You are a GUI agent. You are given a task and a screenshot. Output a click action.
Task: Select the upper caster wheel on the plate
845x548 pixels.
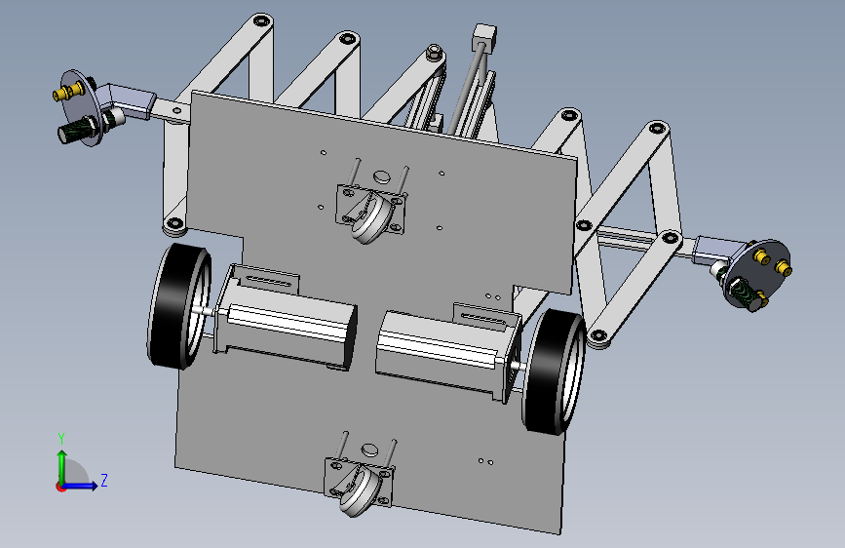(x=372, y=219)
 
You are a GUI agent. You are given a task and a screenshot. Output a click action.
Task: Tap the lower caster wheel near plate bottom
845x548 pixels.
(x=360, y=490)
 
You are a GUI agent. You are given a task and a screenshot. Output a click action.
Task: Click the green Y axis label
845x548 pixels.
(x=61, y=439)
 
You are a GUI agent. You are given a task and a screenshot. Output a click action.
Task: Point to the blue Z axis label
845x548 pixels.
(x=104, y=480)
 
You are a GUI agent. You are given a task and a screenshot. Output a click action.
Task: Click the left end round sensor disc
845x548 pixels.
(x=81, y=108)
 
